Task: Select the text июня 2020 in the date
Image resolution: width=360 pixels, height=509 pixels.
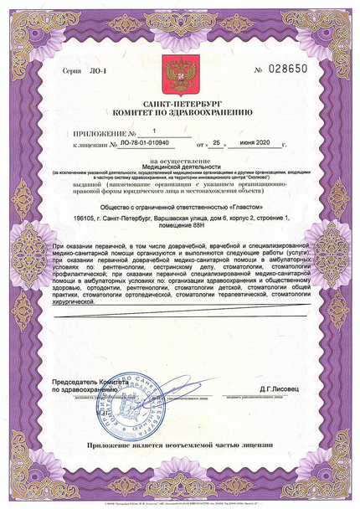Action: pos(263,144)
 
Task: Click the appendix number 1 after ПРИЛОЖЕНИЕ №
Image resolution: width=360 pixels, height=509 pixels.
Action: pos(153,131)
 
